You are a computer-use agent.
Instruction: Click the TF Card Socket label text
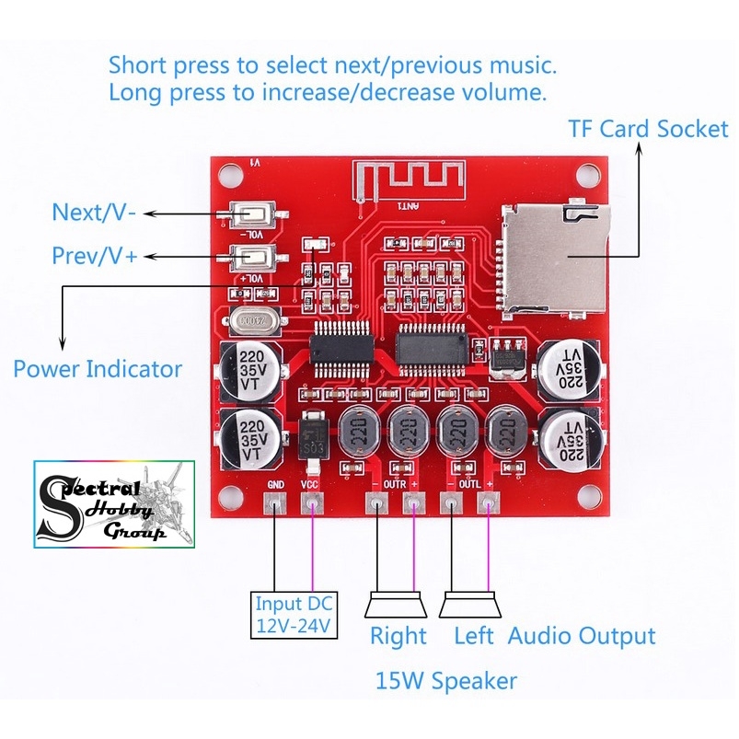point(647,129)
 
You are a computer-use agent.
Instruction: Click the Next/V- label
point(95,213)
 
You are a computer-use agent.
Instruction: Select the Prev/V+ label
point(95,256)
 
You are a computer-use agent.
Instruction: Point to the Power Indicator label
point(98,369)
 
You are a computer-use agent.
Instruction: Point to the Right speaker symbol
point(395,605)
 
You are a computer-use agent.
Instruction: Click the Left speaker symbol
point(469,605)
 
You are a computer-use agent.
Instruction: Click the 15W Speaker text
point(445,681)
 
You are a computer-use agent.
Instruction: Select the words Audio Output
point(582,635)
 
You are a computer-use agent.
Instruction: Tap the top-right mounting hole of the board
point(586,172)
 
